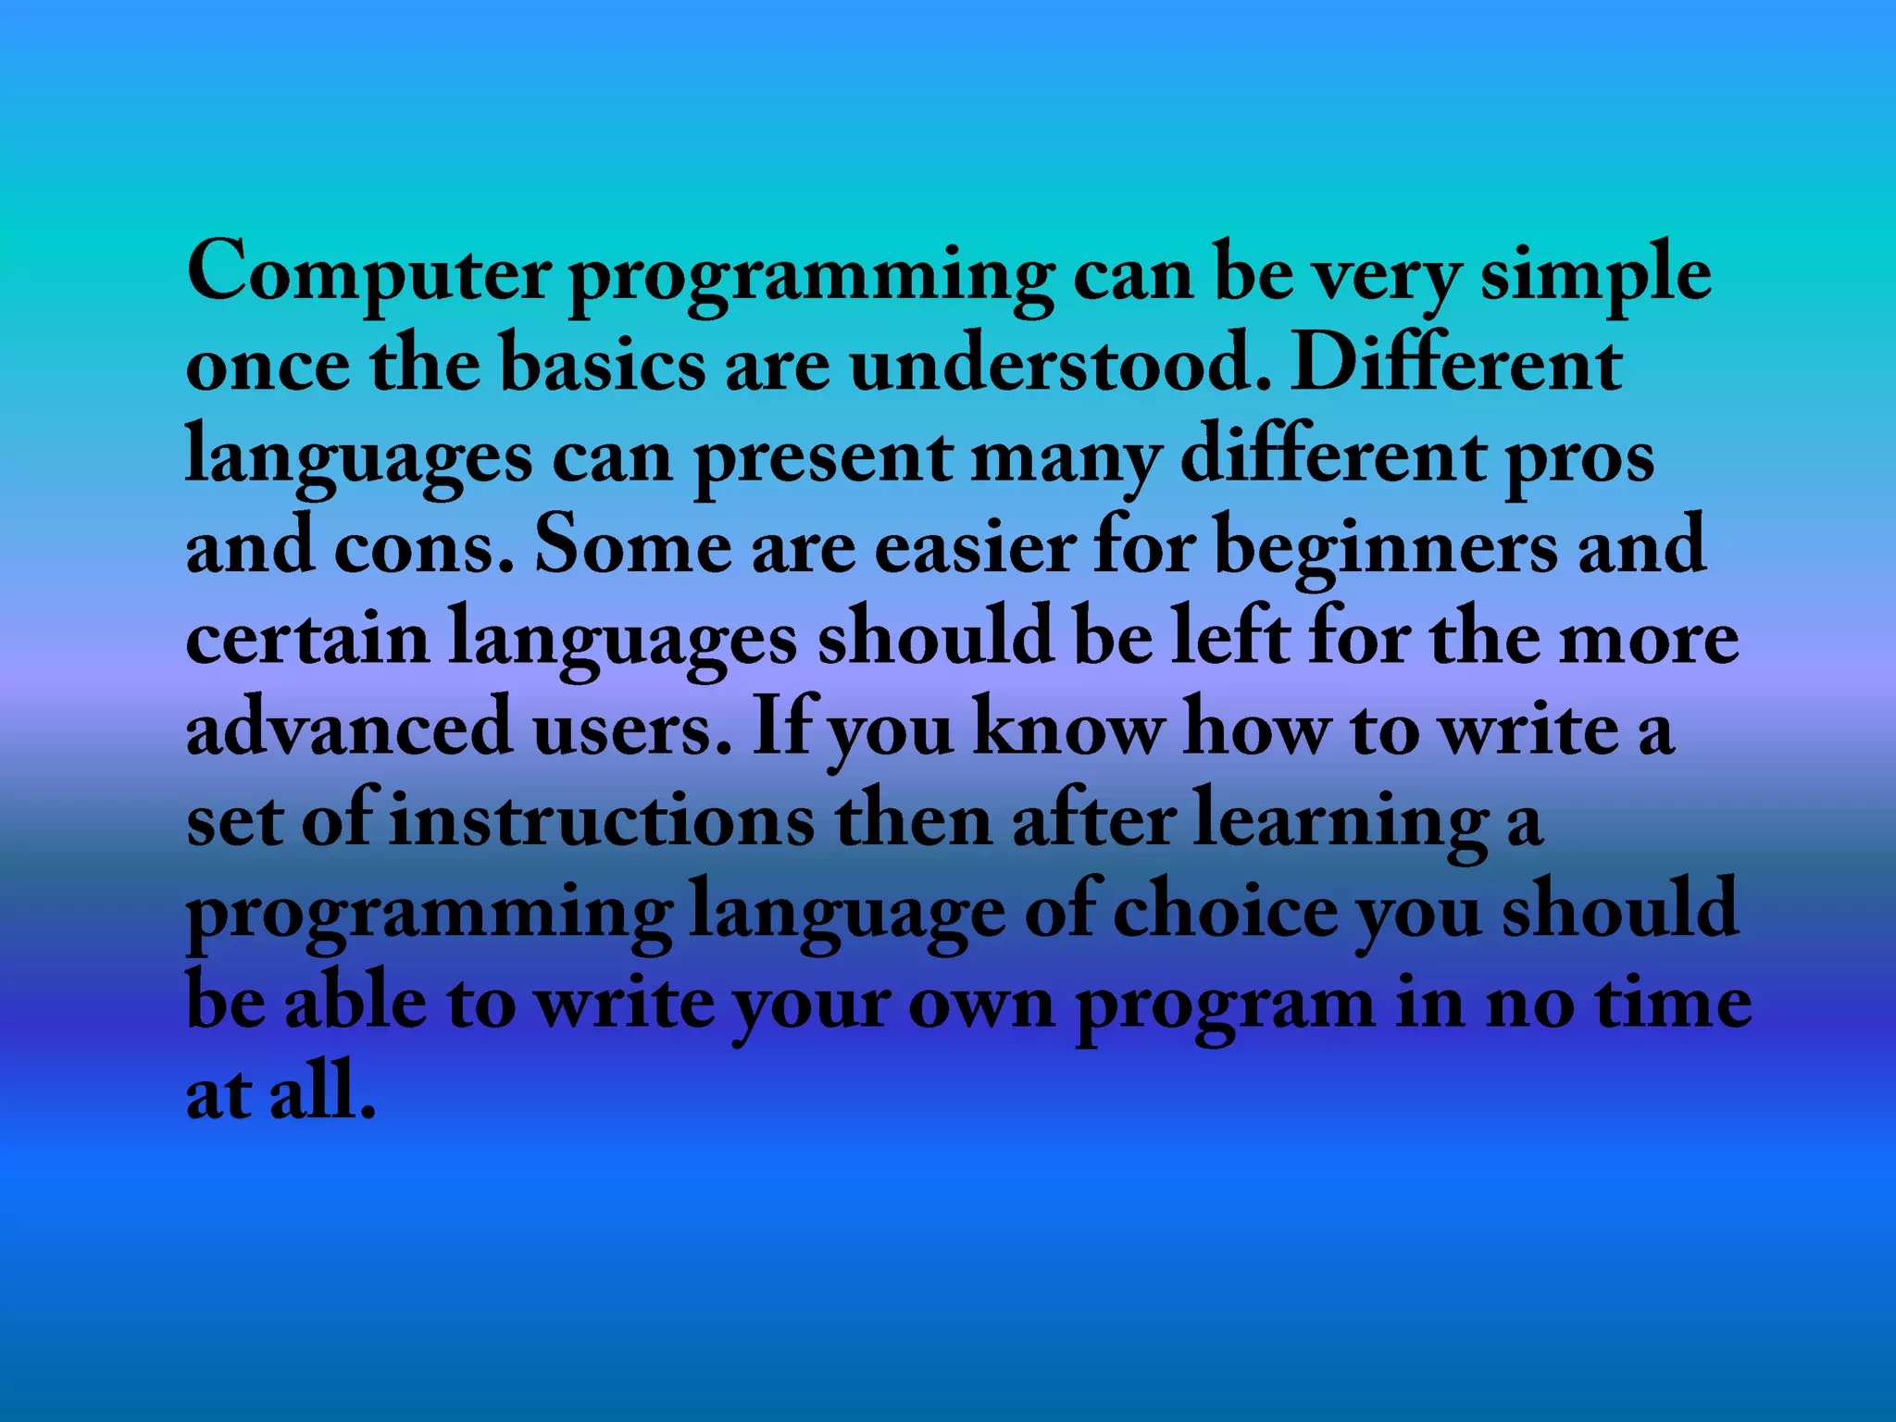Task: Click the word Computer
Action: click(x=368, y=272)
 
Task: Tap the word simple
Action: click(x=1595, y=274)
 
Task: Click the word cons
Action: click(x=422, y=546)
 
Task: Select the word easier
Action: click(x=974, y=546)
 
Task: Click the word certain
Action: click(x=307, y=637)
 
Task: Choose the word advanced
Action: click(x=349, y=728)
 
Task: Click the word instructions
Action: click(x=602, y=819)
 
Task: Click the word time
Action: click(x=1674, y=1002)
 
